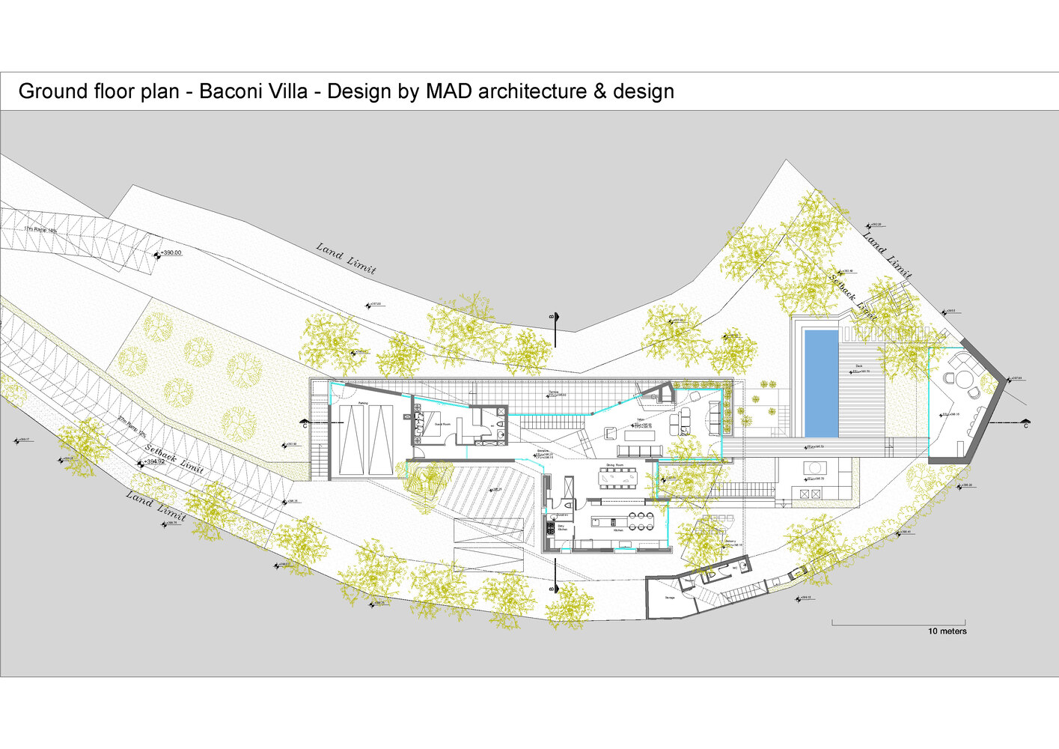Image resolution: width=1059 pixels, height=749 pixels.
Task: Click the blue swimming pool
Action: pyautogui.click(x=821, y=383)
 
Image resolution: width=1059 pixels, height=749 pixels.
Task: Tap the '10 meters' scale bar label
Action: pyautogui.click(x=947, y=631)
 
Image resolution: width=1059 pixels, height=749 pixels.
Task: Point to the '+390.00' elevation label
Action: pyautogui.click(x=171, y=253)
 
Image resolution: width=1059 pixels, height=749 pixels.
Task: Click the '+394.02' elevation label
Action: pyautogui.click(x=154, y=461)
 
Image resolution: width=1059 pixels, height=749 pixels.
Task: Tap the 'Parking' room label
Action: pyautogui.click(x=363, y=404)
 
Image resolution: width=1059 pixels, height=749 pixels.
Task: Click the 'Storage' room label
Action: pyautogui.click(x=670, y=598)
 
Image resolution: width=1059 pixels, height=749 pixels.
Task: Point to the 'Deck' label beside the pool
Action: pyautogui.click(x=859, y=366)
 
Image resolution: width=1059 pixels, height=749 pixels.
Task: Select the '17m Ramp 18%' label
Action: pyautogui.click(x=40, y=229)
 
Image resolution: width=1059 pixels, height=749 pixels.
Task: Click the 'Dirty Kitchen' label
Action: pyautogui.click(x=562, y=528)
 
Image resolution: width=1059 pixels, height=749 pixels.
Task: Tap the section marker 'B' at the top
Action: pyautogui.click(x=552, y=318)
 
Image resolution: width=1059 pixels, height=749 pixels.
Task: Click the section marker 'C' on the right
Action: pyautogui.click(x=1025, y=425)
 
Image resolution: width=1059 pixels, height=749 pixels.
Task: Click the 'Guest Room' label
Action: pyautogui.click(x=442, y=425)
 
